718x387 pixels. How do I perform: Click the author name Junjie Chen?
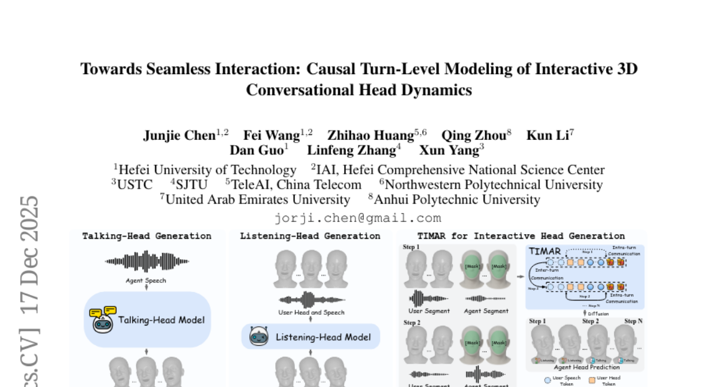pyautogui.click(x=180, y=136)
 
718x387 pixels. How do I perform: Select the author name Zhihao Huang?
pyautogui.click(x=370, y=136)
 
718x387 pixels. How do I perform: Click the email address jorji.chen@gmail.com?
pyautogui.click(x=358, y=218)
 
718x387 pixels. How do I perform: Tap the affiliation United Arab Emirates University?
pyautogui.click(x=258, y=199)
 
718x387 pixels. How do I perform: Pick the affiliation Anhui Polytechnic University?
pyautogui.click(x=457, y=199)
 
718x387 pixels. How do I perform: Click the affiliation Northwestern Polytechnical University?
pyautogui.click(x=494, y=185)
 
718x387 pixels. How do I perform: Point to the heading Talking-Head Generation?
pyautogui.click(x=147, y=236)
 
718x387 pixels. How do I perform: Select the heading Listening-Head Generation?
pyautogui.click(x=310, y=236)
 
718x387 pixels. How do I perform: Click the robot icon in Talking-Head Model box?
pyautogui.click(x=102, y=319)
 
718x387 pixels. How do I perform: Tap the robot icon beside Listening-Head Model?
pyautogui.click(x=258, y=336)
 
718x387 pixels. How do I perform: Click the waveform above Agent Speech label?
pyautogui.click(x=147, y=262)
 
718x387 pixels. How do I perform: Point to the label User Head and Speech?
pyautogui.click(x=311, y=312)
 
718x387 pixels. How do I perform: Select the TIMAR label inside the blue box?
pyautogui.click(x=544, y=251)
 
